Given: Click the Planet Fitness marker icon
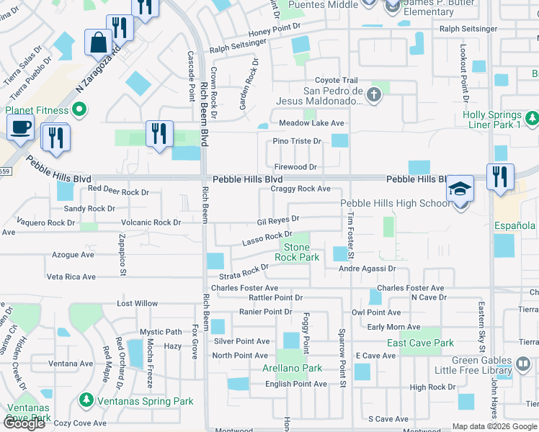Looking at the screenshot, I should (79, 111).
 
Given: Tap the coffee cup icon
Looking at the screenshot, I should (21, 127).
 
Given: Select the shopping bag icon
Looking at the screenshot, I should (97, 42).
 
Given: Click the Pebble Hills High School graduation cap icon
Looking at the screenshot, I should (459, 189).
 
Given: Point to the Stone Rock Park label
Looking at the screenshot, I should (297, 252).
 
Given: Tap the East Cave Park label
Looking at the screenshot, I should (420, 343).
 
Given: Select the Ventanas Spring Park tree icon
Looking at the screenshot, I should (86, 399).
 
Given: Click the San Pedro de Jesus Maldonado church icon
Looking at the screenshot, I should (373, 94).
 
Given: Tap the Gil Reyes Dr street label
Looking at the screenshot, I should (278, 219).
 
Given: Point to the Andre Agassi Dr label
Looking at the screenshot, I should (367, 269).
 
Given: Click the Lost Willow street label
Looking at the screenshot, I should (137, 304).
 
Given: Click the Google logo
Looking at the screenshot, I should (24, 423).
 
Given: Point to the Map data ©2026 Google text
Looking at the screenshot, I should (494, 426).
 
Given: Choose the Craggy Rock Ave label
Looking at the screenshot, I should (300, 189).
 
